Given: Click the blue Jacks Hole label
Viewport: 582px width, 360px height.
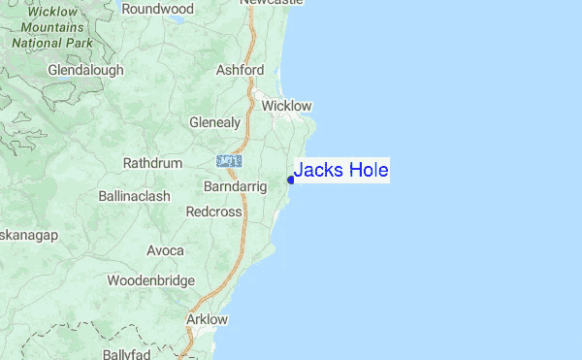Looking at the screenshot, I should point(340,171).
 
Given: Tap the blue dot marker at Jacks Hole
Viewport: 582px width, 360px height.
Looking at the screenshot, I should point(291,179).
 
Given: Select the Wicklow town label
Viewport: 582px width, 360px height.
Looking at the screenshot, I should point(287,105).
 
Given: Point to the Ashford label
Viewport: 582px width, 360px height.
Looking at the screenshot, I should point(241,70).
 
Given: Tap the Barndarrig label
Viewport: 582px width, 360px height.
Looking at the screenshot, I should point(236,185).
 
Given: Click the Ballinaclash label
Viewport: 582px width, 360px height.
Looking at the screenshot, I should point(135,196).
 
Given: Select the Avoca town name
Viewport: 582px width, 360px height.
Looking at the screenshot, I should point(165,250).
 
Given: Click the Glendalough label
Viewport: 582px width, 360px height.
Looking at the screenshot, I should point(86,71).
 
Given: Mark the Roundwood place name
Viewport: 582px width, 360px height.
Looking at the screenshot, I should point(158,9).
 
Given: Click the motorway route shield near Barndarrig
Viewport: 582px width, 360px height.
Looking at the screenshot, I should point(230,159).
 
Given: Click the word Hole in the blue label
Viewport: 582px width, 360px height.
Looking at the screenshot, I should point(366,171).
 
